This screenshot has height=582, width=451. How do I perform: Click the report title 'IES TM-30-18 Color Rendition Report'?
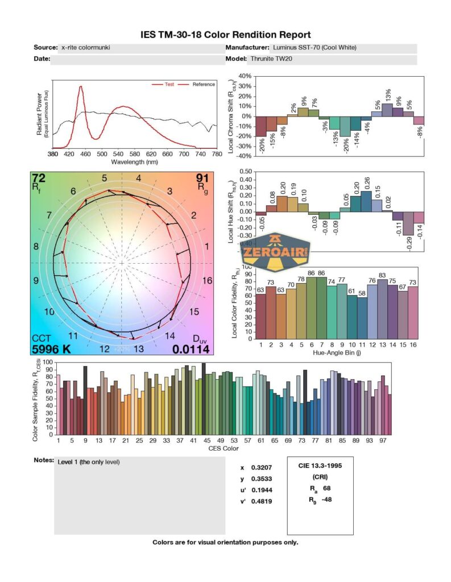tap(226, 35)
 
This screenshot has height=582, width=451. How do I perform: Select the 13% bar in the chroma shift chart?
tap(387, 110)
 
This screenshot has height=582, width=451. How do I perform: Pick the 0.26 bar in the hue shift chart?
tap(366, 201)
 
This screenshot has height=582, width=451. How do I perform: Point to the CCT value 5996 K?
tap(52, 350)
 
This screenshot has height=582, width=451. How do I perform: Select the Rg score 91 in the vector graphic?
tap(202, 178)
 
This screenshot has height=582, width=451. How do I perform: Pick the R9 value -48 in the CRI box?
tap(324, 500)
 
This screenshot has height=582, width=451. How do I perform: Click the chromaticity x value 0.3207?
tap(260, 467)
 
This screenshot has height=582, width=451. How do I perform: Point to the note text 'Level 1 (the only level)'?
tap(89, 462)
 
